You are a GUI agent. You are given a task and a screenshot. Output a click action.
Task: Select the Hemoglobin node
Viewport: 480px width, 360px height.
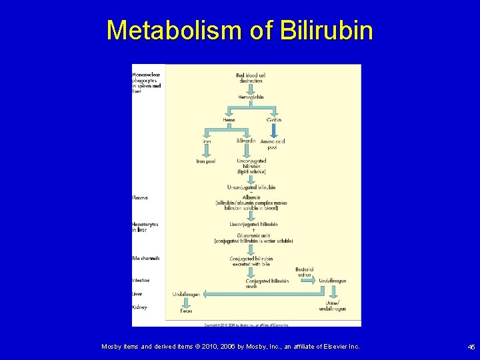pos(251,97)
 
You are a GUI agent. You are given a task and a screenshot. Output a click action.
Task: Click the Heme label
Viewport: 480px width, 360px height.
pos(229,120)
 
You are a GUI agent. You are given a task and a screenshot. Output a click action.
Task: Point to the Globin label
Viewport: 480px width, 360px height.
pos(274,120)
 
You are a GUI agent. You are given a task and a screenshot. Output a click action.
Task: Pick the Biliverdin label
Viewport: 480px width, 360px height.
pos(246,141)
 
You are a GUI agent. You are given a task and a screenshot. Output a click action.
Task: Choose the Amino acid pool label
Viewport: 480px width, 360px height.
pos(273,144)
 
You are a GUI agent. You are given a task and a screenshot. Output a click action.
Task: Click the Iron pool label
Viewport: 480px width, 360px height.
pos(205,161)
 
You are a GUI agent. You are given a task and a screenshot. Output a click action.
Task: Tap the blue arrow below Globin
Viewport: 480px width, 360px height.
pos(273,130)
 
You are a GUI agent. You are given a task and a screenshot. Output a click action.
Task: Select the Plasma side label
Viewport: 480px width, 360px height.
pos(139,197)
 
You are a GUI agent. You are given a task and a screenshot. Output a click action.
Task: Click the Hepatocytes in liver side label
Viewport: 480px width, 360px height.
pos(145,227)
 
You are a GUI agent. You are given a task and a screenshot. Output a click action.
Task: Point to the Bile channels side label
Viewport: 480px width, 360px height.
pos(145,258)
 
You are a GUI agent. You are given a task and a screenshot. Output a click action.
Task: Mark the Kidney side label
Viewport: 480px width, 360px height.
pos(139,307)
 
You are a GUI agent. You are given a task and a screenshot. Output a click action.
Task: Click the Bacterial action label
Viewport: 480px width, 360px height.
pos(304,271)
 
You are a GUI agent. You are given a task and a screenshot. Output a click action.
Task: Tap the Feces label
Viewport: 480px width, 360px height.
pos(186,311)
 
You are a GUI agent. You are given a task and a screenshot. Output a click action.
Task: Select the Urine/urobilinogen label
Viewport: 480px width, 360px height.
pos(332,307)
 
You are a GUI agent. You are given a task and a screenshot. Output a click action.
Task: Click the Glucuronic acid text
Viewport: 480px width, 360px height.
pos(253,235)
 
